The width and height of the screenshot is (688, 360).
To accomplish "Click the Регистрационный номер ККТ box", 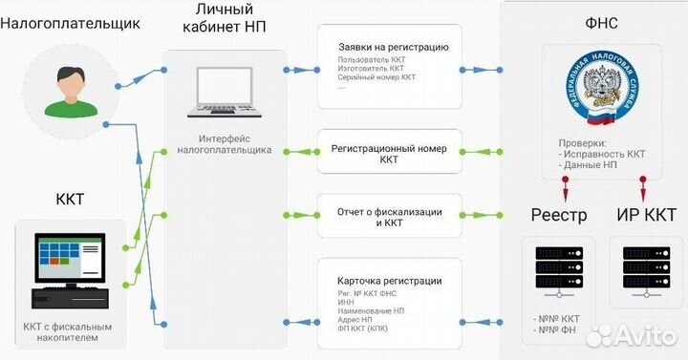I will [389, 155].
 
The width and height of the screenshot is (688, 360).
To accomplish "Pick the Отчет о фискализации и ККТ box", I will [389, 216].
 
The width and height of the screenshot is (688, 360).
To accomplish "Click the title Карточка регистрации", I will [389, 281].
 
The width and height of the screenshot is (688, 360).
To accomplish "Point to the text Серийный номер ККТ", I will [376, 77].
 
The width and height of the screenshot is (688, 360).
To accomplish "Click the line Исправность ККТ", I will [605, 154].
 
